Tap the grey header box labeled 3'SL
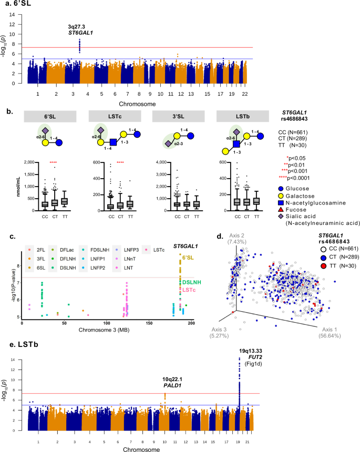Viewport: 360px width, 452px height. [x=172, y=116]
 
